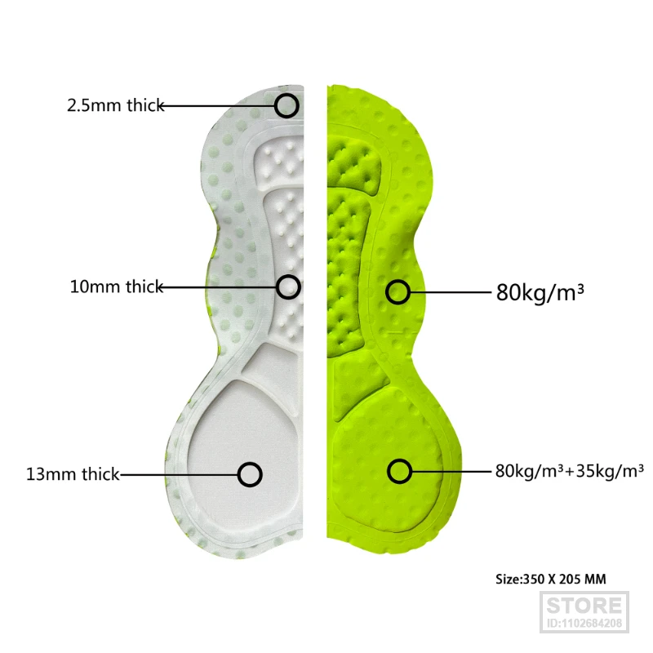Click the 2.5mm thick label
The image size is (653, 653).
[115, 105]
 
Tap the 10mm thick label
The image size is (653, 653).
[116, 287]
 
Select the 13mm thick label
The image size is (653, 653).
[73, 473]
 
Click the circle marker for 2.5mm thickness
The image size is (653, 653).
[287, 105]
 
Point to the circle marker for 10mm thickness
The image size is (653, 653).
[288, 287]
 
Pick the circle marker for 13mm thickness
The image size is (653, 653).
[250, 473]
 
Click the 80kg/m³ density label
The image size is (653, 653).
[540, 291]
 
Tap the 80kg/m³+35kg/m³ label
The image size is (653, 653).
[569, 470]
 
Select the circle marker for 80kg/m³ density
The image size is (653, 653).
[398, 291]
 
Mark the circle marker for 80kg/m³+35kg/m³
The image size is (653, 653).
[399, 470]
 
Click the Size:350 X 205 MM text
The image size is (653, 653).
[551, 580]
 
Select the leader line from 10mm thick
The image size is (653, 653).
[220, 287]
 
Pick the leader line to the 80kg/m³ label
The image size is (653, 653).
[449, 291]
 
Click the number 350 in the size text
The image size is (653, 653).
[535, 580]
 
